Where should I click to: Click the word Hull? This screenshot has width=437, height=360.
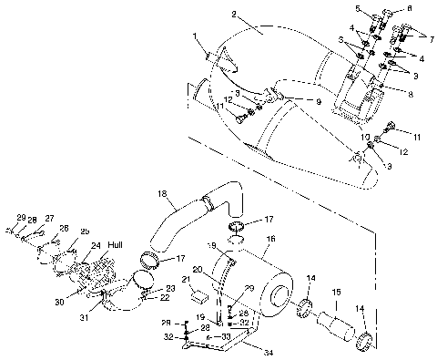(x=116, y=245)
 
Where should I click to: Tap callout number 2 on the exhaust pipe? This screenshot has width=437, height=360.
(x=235, y=15)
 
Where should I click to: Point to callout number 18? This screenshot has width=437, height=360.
(x=162, y=194)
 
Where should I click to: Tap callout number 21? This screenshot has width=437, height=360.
(x=185, y=279)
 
